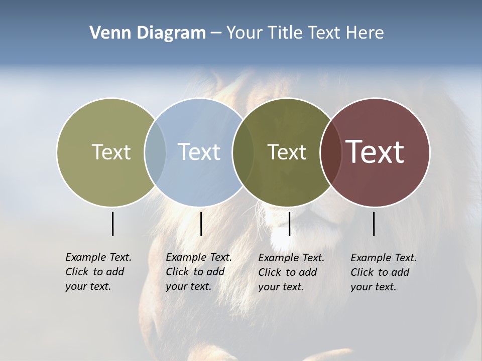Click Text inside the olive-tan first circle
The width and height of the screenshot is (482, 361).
coord(111,152)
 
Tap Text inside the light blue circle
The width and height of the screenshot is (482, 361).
coord(199,152)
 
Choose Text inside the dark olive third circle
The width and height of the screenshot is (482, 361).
coord(287,152)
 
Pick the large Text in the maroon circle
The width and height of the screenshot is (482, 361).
coord(375,152)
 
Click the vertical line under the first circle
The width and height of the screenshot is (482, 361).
coord(112,224)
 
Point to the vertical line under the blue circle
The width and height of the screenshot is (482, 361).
coord(201,224)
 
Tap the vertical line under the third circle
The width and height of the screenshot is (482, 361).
coord(289,224)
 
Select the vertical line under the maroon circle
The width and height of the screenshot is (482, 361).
coord(374,224)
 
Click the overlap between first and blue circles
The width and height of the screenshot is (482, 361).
coord(155,152)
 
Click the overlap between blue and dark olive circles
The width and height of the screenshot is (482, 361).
coord(243,152)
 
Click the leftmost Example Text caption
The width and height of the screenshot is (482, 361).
coord(98,272)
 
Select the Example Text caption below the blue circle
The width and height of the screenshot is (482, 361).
coord(198,272)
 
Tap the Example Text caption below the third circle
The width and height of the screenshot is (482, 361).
coord(291,272)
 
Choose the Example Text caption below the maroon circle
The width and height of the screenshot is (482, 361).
coord(383,272)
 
